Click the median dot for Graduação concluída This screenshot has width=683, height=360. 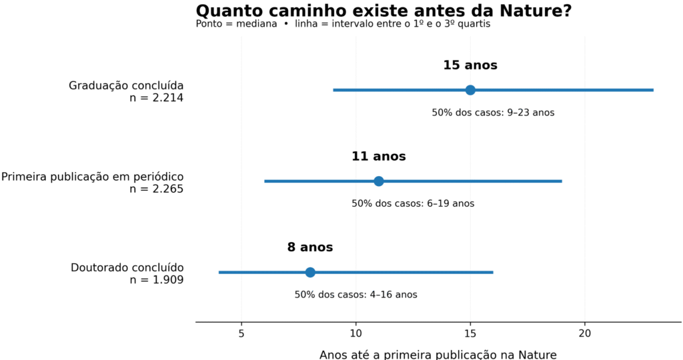470,90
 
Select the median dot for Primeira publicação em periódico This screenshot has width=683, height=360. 379,181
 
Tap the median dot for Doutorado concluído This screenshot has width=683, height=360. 310,273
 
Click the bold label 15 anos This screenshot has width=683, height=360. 470,65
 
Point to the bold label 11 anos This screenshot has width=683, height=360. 379,156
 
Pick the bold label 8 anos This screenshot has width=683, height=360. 310,247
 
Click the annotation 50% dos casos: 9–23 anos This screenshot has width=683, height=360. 493,113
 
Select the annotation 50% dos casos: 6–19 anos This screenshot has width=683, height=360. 413,204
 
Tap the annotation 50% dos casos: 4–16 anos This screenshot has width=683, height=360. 356,295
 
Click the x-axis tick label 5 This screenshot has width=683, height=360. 241,333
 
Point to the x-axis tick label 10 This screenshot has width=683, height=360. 356,333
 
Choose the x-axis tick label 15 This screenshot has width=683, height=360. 470,333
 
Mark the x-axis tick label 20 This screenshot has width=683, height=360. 584,333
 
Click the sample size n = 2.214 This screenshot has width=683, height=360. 156,98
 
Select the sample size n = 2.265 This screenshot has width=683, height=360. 156,189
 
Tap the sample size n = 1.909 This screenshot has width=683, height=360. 156,280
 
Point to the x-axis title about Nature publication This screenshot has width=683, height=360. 438,355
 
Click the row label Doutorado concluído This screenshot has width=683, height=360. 127,268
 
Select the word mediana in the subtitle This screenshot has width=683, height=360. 257,24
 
